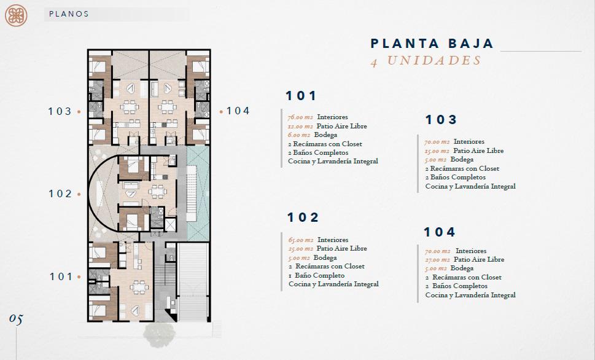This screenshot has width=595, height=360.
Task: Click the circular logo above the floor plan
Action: coord(16,15)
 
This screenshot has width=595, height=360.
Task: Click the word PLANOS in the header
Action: coord(69,14)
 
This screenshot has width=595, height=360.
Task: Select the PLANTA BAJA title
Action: coord(432,43)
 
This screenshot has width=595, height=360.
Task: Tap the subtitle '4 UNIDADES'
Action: coord(426,61)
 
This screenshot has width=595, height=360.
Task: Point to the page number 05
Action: coord(16,319)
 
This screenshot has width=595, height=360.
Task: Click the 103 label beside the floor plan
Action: coord(60,111)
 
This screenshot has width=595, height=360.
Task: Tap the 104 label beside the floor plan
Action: coord(238,111)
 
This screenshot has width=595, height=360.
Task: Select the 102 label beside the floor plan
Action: coord(60,194)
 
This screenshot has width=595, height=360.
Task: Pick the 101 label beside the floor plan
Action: coord(61,276)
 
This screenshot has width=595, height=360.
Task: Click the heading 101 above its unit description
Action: coord(301,96)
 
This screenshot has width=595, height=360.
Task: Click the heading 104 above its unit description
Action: coord(440,232)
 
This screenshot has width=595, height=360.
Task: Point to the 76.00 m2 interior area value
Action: coord(300,117)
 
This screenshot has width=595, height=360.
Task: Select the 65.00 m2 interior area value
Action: coord(300,240)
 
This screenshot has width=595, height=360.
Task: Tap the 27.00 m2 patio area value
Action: coord(437,260)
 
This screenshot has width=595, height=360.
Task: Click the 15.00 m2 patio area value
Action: coord(437,151)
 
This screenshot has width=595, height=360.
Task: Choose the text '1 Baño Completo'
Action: coord(316,275)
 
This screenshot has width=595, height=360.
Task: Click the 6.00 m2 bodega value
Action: coord(298,135)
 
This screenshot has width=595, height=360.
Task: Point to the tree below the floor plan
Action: coord(160,334)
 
